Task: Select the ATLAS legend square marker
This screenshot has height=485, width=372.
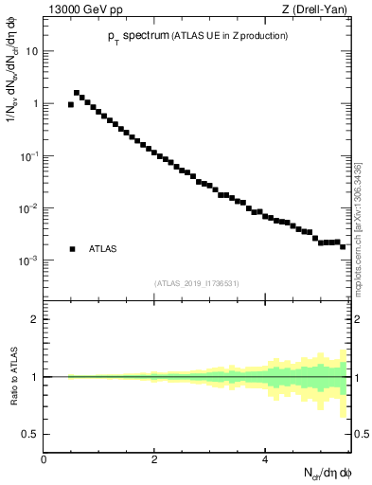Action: click(73, 249)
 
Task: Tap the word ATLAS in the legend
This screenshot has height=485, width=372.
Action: click(103, 249)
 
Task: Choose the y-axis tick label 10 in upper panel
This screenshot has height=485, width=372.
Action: click(30, 51)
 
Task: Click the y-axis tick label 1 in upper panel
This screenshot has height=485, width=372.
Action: click(34, 103)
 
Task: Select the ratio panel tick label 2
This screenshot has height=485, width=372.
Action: click(34, 319)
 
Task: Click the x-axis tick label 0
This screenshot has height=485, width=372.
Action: click(44, 459)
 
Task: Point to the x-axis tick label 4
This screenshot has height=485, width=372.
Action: click(265, 459)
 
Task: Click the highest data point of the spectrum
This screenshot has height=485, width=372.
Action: click(77, 93)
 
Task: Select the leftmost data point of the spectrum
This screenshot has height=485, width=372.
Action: click(71, 104)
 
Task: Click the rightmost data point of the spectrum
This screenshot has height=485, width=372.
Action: click(343, 246)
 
